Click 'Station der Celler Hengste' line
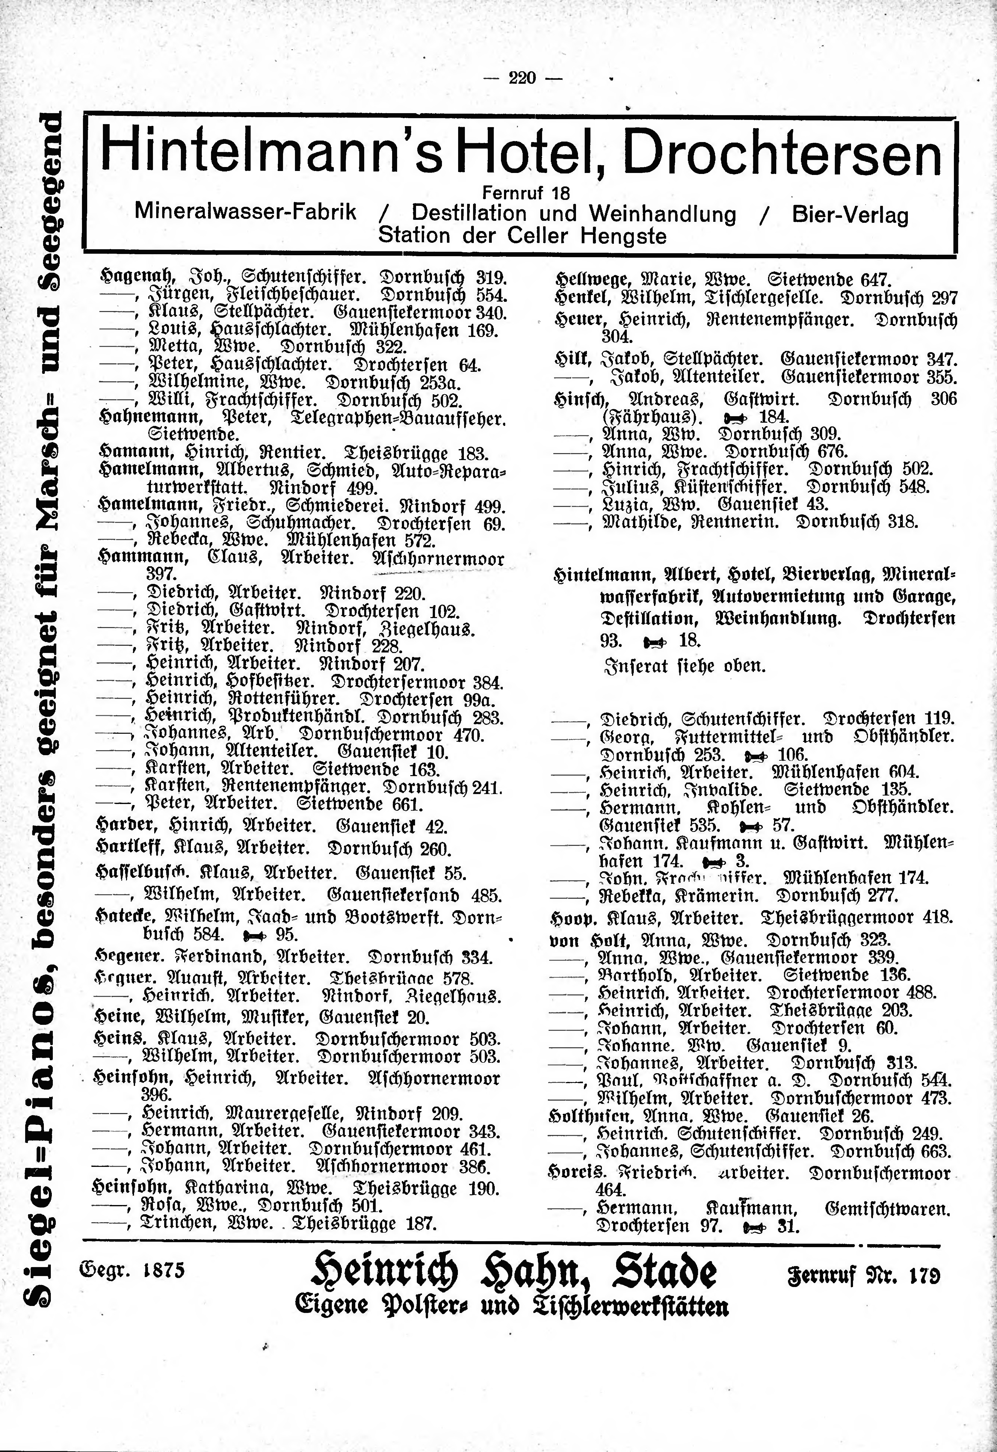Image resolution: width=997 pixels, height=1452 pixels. (522, 236)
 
